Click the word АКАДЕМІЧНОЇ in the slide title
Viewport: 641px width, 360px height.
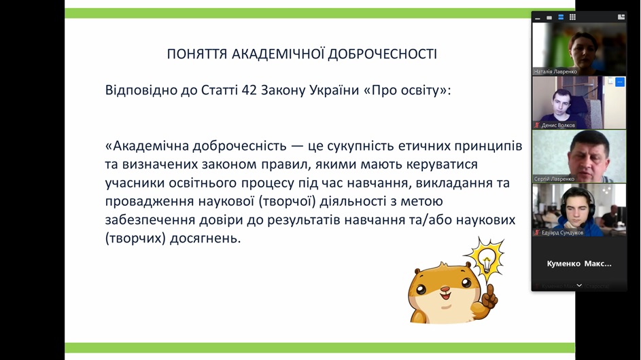(278, 54)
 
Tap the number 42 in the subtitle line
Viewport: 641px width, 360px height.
(249, 90)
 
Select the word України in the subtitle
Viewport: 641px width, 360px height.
(334, 90)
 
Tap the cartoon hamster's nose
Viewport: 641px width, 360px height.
(446, 289)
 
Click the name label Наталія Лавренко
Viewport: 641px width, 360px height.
(555, 71)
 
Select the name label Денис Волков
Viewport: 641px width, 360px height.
(558, 125)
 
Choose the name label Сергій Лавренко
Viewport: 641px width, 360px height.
(554, 179)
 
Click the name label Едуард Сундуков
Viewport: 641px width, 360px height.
(563, 232)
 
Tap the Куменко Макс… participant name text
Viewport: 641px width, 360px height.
(579, 264)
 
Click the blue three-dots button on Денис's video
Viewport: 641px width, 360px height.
(620, 82)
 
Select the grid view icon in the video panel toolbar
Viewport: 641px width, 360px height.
(572, 17)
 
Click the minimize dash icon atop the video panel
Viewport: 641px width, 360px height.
(538, 18)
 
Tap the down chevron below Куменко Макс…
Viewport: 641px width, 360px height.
(579, 285)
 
